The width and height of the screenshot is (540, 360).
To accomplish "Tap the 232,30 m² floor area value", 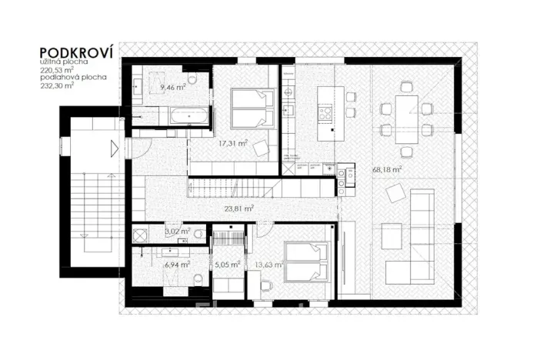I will [x=58, y=85].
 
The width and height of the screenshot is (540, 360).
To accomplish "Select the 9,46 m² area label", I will [x=173, y=88].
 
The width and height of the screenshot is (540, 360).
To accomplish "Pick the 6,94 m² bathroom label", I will [x=175, y=263].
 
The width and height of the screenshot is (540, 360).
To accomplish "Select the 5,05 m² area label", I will [x=227, y=264].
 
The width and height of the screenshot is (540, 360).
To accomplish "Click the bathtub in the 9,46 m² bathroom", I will [x=188, y=116].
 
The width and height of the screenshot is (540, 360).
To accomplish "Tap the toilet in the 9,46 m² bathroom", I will [x=192, y=78].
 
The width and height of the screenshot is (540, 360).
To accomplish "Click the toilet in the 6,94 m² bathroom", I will [x=198, y=280].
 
